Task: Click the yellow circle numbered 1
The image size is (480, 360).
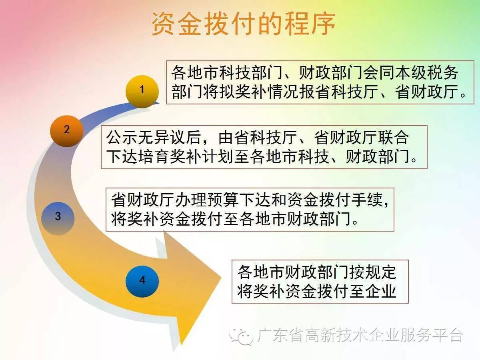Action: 142,92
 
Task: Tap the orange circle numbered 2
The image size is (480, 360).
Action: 67,131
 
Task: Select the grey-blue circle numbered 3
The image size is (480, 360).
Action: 58,218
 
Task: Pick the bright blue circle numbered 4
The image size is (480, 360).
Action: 142,282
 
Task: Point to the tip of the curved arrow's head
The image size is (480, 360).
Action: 221,278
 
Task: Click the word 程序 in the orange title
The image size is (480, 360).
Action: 309,24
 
